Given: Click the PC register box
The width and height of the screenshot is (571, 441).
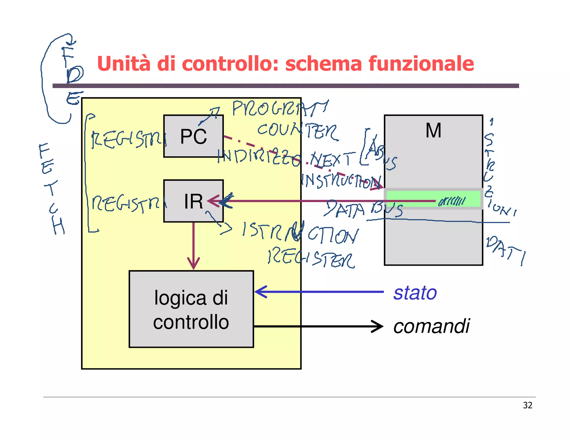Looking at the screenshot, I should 193,136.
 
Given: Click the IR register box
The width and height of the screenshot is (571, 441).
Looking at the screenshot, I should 193,201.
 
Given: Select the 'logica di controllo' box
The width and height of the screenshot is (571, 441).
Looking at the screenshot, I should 191,309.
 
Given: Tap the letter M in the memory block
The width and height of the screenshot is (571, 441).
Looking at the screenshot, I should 433,130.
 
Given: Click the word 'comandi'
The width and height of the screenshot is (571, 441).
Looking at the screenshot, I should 431,326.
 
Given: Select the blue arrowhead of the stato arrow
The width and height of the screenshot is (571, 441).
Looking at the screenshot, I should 261,292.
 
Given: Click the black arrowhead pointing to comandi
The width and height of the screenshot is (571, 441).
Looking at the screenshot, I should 378,326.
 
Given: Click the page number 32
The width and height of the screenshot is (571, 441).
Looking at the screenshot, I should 528,405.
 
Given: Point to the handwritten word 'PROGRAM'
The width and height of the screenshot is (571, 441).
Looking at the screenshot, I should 280,108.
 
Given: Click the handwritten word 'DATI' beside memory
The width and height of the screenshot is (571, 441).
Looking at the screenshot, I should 506,250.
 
